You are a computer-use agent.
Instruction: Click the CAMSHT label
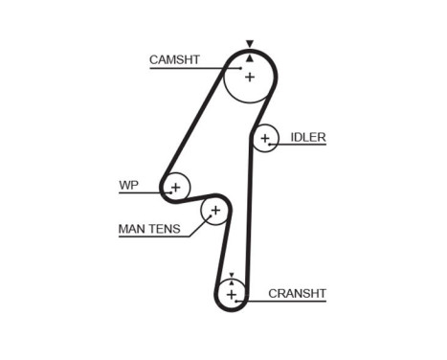[x=174, y=59]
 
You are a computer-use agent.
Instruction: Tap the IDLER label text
[x=309, y=138]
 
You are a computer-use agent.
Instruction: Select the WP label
[x=128, y=185]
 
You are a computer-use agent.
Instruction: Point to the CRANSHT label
[x=298, y=293]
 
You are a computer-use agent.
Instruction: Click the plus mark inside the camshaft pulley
[x=249, y=76]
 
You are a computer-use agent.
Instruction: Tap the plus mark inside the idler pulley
[x=265, y=139]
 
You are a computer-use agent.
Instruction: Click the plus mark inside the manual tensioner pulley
[x=215, y=210]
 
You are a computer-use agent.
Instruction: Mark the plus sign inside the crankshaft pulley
[x=230, y=293]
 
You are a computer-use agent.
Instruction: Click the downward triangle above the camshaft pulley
[x=249, y=44]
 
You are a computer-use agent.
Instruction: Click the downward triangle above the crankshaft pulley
[x=230, y=274]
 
